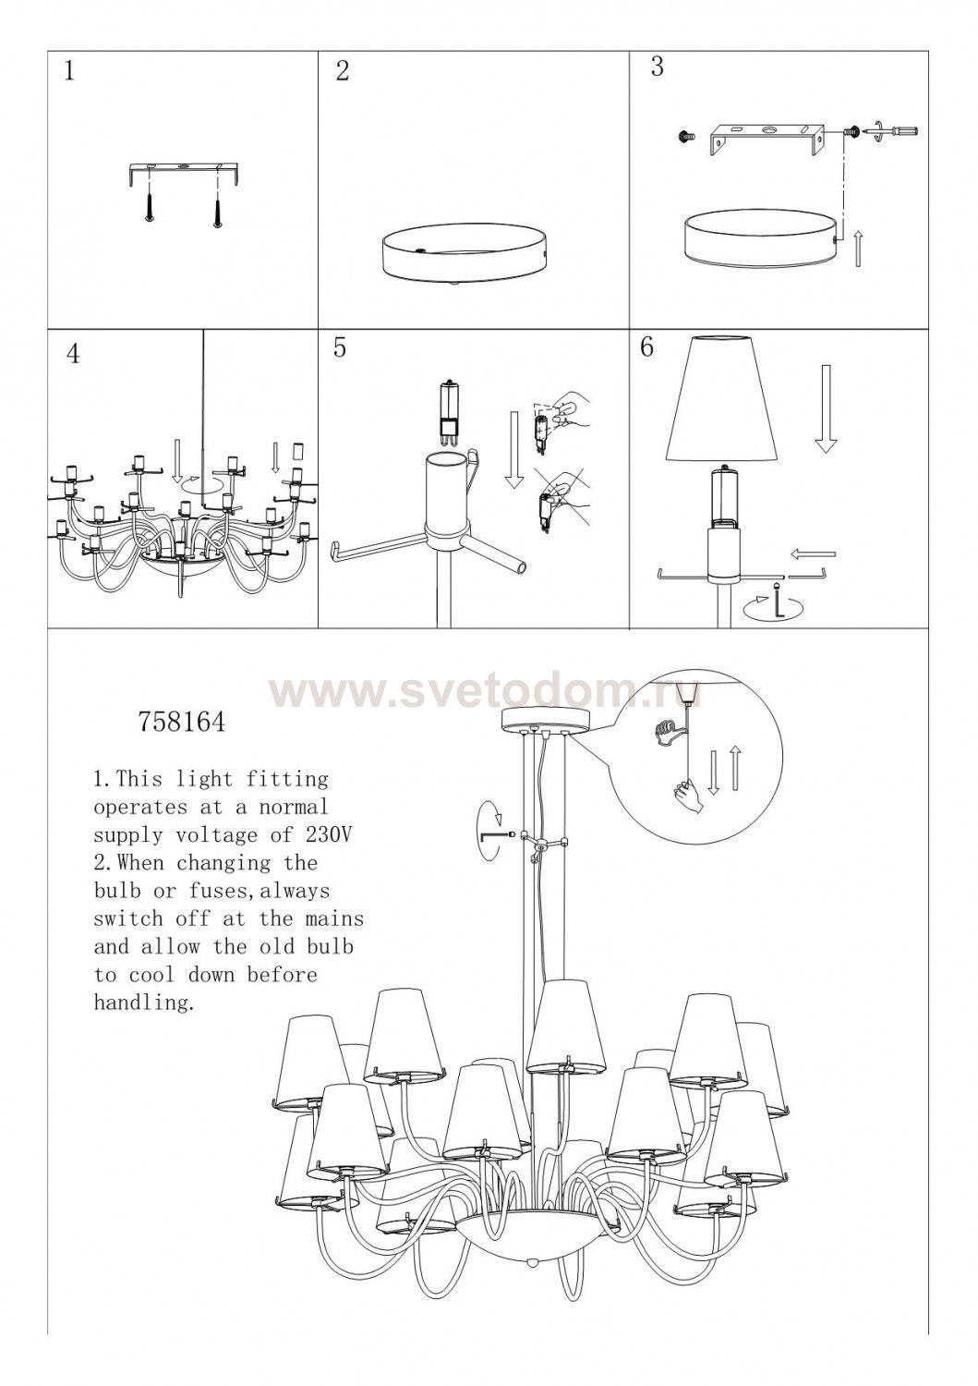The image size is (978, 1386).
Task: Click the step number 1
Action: coord(69,72)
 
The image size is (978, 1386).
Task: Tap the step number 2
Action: coord(342,72)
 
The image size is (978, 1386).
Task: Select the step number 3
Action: coord(658,67)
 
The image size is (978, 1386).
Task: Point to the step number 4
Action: coord(73,353)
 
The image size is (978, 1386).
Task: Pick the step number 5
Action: coord(340,347)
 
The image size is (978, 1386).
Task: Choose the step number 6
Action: coord(647,347)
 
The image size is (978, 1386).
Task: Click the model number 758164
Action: coord(182,723)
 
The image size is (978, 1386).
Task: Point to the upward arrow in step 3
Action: coord(857,249)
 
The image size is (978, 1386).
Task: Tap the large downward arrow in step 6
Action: coord(826,410)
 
